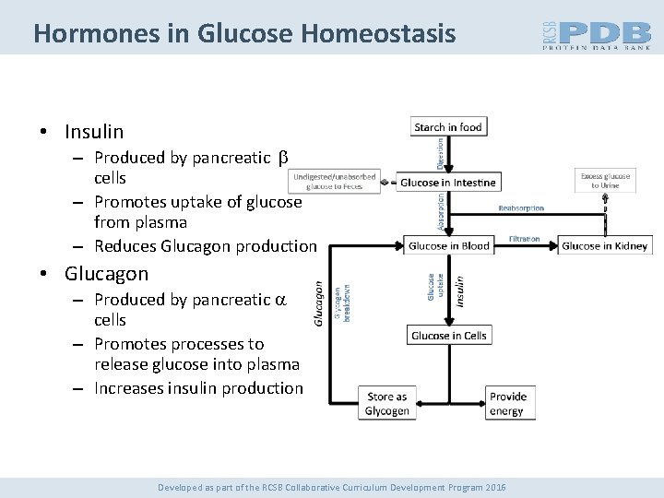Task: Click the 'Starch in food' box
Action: pyautogui.click(x=447, y=127)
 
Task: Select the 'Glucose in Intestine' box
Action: pyautogui.click(x=447, y=182)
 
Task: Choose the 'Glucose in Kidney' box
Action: pyautogui.click(x=606, y=244)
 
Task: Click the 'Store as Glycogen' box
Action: pyautogui.click(x=386, y=404)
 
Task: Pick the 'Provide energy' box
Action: pyautogui.click(x=507, y=404)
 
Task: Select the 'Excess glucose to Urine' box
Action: pyautogui.click(x=605, y=181)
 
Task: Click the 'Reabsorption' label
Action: pyautogui.click(x=521, y=208)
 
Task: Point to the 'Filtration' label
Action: pyautogui.click(x=526, y=238)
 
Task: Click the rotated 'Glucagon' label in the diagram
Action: pyautogui.click(x=318, y=302)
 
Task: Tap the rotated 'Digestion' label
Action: pyautogui.click(x=440, y=153)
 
